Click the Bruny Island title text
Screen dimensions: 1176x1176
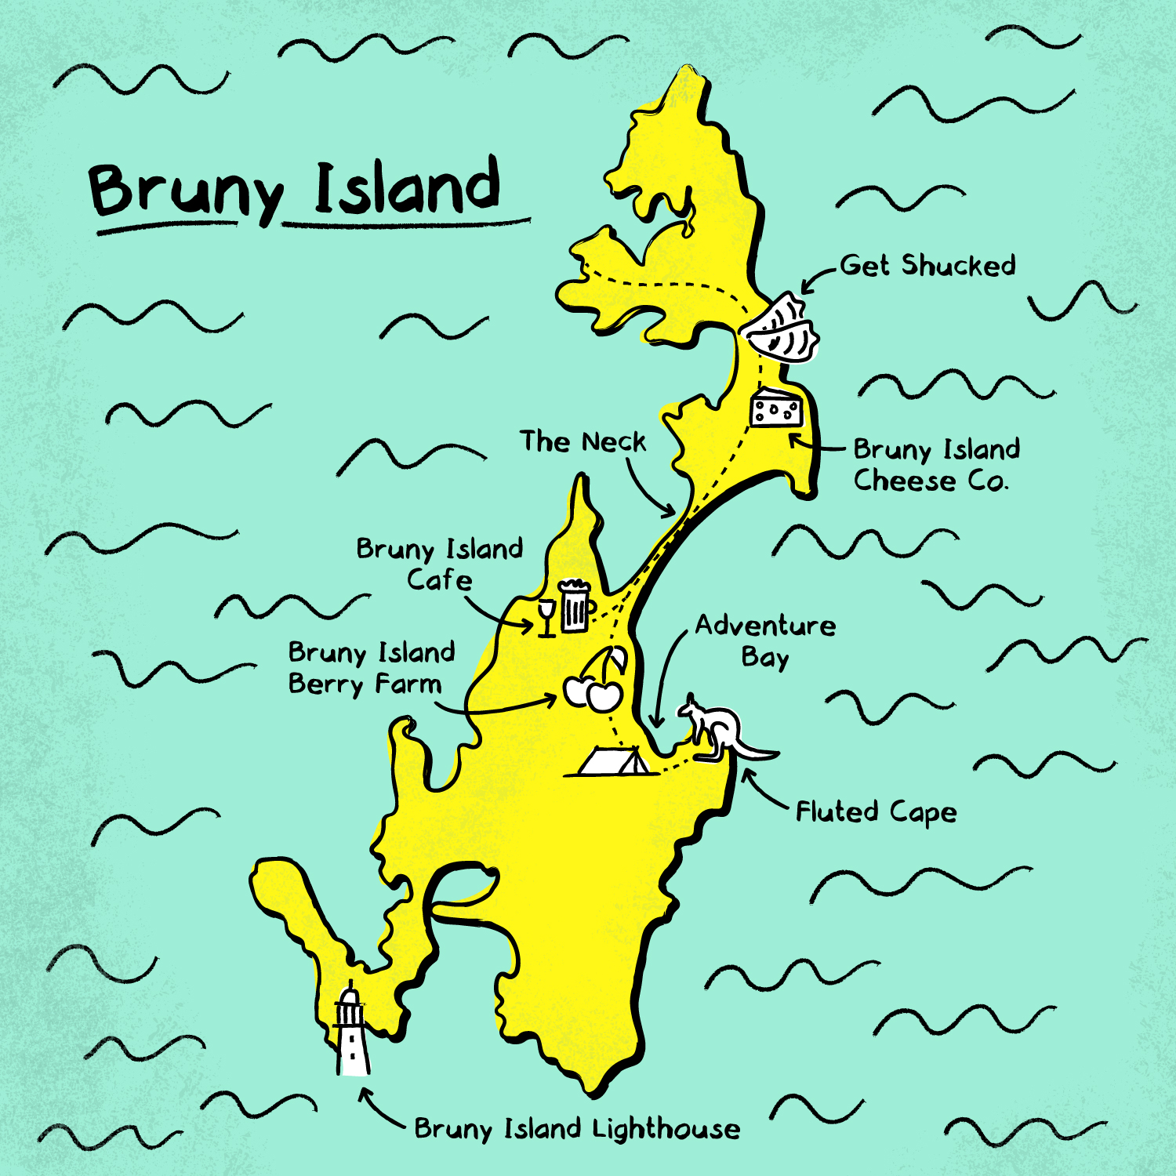294,190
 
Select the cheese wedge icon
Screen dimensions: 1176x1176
776,408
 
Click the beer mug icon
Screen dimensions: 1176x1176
575,606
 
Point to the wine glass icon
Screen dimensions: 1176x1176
546,618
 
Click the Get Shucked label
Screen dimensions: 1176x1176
927,266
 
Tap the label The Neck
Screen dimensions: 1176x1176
583,442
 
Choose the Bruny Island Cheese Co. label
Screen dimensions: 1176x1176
935,464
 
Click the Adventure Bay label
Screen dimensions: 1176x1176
765,641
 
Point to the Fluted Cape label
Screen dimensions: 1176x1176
876,812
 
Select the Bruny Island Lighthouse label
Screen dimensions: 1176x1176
577,1129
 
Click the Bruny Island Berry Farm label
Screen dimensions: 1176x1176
370,668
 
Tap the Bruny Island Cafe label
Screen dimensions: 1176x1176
439,564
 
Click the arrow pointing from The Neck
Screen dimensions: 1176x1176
647,490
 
